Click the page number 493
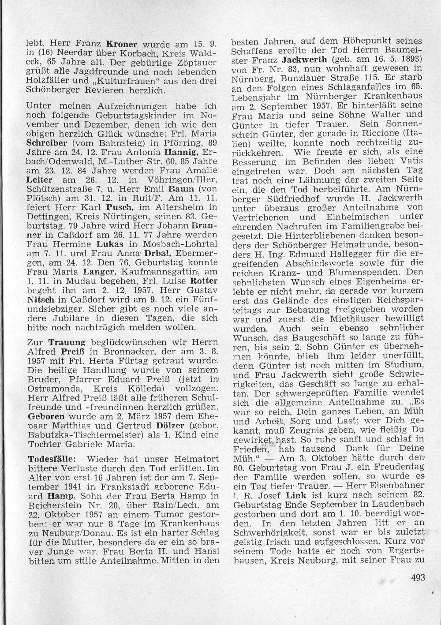pos(417,578)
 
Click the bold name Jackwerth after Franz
pos(304,60)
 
